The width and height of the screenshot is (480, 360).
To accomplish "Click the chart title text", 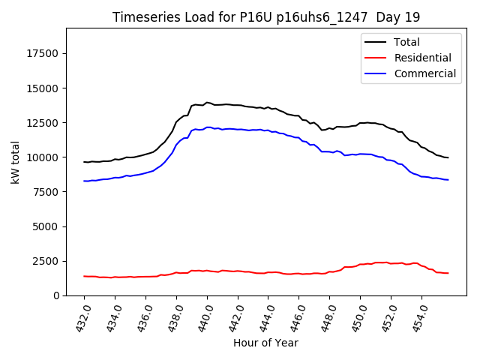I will pyautogui.click(x=266, y=17).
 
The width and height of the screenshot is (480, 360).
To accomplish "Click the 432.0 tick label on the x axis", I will pyautogui.click(x=82, y=316).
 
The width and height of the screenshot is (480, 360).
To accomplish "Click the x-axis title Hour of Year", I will pyautogui.click(x=265, y=343).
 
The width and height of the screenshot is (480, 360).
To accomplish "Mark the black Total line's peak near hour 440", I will pyautogui.click(x=207, y=103).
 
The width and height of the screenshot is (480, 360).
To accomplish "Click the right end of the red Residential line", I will pyautogui.click(x=448, y=273).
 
